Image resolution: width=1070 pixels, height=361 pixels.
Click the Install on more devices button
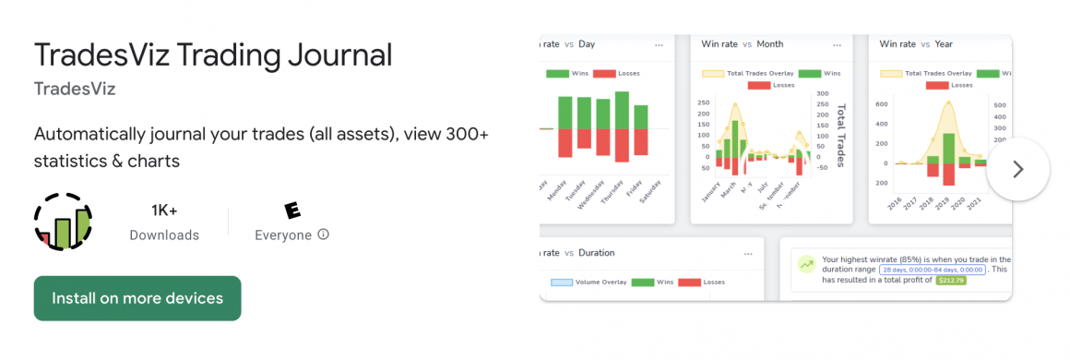(x=137, y=298)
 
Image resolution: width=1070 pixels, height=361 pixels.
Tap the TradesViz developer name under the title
(x=75, y=90)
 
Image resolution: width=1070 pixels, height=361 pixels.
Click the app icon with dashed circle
(x=64, y=222)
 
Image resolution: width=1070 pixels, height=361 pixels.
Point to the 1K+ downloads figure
(x=164, y=211)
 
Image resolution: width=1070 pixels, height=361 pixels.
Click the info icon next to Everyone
(x=324, y=235)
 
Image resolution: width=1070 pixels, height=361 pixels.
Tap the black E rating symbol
(x=292, y=211)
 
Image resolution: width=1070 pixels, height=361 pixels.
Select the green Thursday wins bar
(x=622, y=110)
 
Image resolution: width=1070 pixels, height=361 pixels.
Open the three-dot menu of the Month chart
(x=837, y=44)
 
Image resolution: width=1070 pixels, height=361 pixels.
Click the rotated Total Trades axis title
(x=840, y=136)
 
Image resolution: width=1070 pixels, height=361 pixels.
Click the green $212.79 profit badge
(x=951, y=280)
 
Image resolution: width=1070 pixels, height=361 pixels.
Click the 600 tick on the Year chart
(x=881, y=104)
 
